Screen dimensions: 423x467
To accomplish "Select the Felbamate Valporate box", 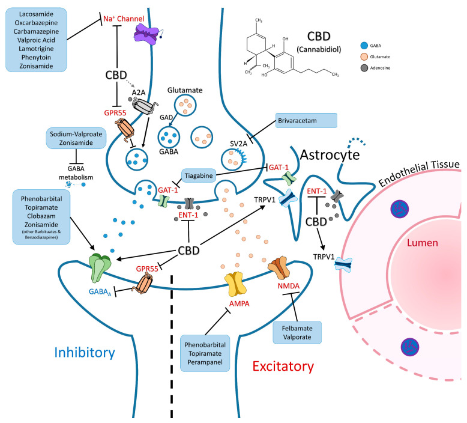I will [x=297, y=332].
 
